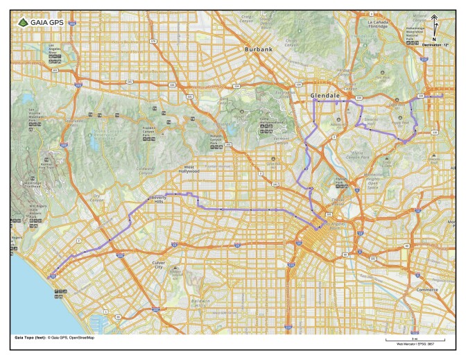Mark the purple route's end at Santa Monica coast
[51, 276]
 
